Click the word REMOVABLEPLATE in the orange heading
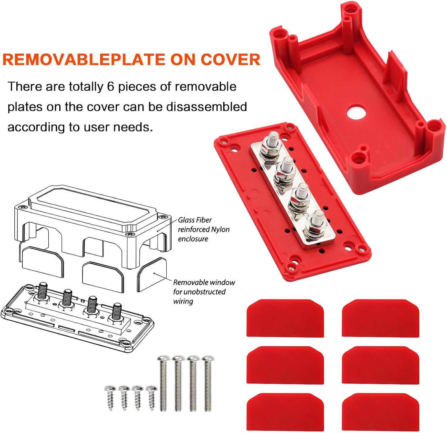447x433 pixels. [84, 59]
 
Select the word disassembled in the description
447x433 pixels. [207, 107]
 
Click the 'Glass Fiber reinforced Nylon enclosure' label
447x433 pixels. [204, 229]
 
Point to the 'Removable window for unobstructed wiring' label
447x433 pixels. [204, 291]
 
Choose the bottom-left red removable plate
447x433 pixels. [285, 412]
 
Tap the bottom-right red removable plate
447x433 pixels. [381, 412]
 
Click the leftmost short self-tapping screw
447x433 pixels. [110, 396]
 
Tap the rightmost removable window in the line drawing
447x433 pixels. [152, 274]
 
